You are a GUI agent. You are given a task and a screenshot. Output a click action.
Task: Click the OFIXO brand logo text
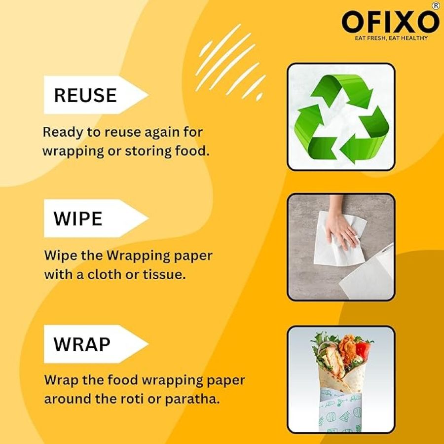pos(390,22)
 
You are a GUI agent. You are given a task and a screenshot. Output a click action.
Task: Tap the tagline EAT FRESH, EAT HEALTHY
pos(391,38)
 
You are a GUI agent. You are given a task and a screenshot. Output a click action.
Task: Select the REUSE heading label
pos(85,95)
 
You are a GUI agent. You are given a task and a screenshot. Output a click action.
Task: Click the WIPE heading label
pos(78,219)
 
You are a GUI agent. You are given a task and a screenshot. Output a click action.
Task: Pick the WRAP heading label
pos(82,344)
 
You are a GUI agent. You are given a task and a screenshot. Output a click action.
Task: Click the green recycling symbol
pos(341,119)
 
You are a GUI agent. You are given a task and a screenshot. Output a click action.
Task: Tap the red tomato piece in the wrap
pos(363,350)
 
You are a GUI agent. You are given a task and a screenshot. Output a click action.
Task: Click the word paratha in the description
pos(192,399)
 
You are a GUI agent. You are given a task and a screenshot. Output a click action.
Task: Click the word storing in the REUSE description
pos(148,151)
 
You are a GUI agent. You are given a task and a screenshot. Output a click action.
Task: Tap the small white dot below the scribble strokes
pos(259,97)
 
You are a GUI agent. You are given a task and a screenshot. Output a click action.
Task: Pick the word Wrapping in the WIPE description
pos(138,256)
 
